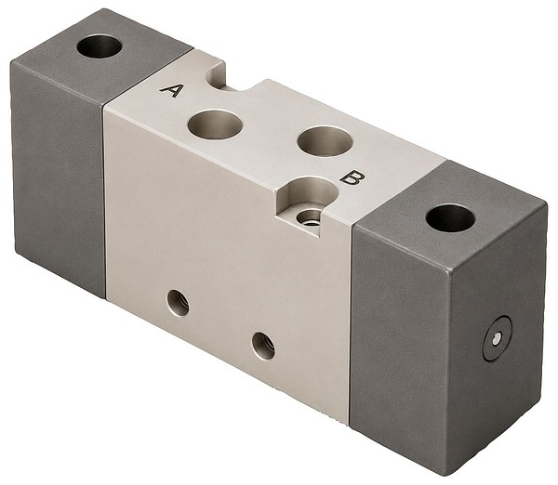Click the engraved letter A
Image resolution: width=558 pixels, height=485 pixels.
[172, 90]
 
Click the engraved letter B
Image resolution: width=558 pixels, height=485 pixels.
[352, 177]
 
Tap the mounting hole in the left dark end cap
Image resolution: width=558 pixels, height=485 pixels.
[100, 46]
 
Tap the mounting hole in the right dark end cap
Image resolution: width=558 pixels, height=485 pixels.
[450, 218]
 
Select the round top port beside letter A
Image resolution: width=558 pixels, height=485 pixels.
[216, 125]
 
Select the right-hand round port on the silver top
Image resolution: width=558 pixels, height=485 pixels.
[325, 141]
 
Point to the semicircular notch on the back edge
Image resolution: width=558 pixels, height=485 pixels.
[218, 75]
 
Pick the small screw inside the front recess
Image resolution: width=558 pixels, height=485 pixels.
[308, 217]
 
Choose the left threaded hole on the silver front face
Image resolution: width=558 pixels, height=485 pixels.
[178, 303]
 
